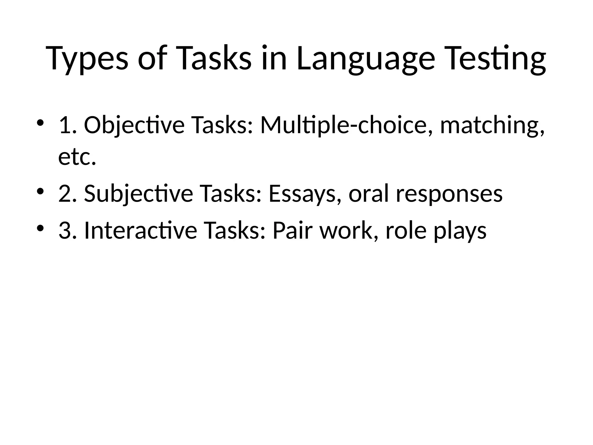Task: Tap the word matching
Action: tap(492, 125)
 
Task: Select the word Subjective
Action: tap(138, 194)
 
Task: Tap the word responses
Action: tap(449, 194)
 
